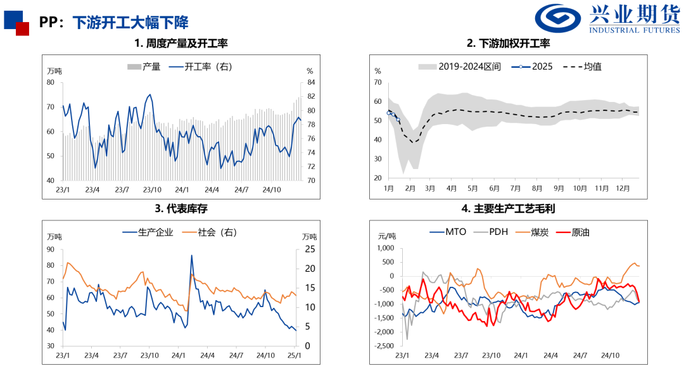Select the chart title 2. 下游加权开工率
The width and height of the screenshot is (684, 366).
click(x=508, y=44)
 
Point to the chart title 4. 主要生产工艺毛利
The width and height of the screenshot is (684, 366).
click(x=508, y=208)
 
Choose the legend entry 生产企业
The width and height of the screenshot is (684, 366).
click(x=148, y=232)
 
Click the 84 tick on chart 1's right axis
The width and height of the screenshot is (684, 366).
click(x=310, y=82)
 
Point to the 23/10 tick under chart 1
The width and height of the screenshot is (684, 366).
click(x=151, y=189)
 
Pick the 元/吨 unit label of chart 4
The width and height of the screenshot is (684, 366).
click(x=387, y=236)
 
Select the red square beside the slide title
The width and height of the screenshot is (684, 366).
click(x=22, y=28)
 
